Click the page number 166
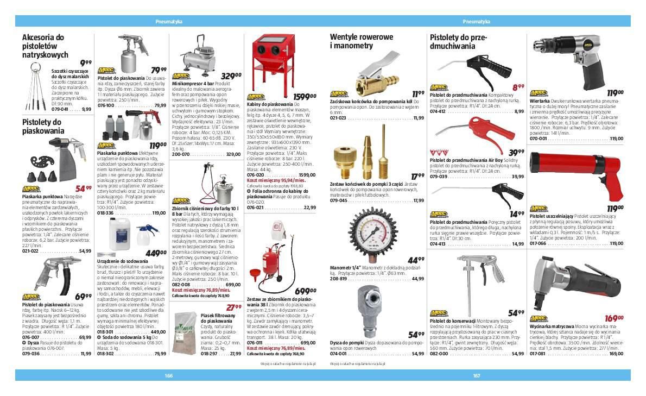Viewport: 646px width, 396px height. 168,375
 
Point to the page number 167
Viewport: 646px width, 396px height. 477,375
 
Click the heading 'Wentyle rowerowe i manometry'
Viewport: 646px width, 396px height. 361,41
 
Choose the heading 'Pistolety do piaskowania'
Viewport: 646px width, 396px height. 43,126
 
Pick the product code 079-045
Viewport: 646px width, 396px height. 339,200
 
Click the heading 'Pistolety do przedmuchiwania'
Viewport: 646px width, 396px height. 459,41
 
